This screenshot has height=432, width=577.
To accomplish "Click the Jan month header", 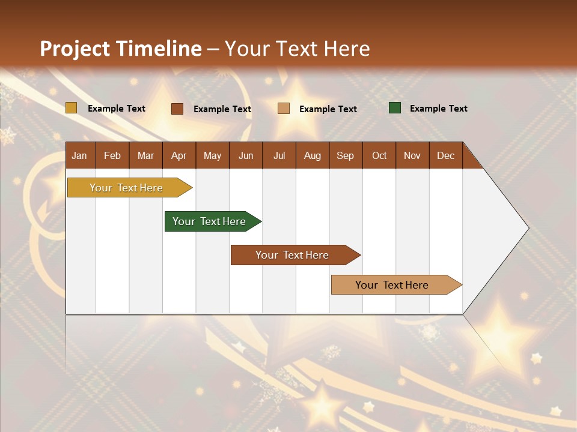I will point(79,155).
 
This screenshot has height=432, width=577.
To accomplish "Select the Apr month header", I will point(179,155).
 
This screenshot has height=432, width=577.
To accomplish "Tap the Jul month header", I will point(279,155).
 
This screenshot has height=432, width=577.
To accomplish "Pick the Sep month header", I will point(345,155).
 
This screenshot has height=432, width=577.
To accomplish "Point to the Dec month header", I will point(445,155).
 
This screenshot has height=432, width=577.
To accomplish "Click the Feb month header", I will point(112,155).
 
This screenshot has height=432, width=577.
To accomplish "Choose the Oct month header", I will point(379,155).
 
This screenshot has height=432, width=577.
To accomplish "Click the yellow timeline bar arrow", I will point(129,188).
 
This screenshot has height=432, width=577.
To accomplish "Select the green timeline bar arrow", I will point(212,221).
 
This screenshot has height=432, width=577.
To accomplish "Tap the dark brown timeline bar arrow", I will point(295,255).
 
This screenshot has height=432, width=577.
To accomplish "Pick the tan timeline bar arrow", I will point(395,285).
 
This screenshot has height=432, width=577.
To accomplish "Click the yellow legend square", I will point(71,108).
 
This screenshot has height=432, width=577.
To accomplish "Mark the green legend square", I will point(395,108).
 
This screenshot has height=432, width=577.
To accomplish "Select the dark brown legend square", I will point(177,109).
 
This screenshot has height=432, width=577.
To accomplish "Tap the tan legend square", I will point(284,109).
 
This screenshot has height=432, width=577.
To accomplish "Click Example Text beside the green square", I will point(438,109).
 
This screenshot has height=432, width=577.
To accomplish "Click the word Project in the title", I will point(75,49).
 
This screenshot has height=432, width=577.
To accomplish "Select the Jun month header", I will point(246,155).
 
